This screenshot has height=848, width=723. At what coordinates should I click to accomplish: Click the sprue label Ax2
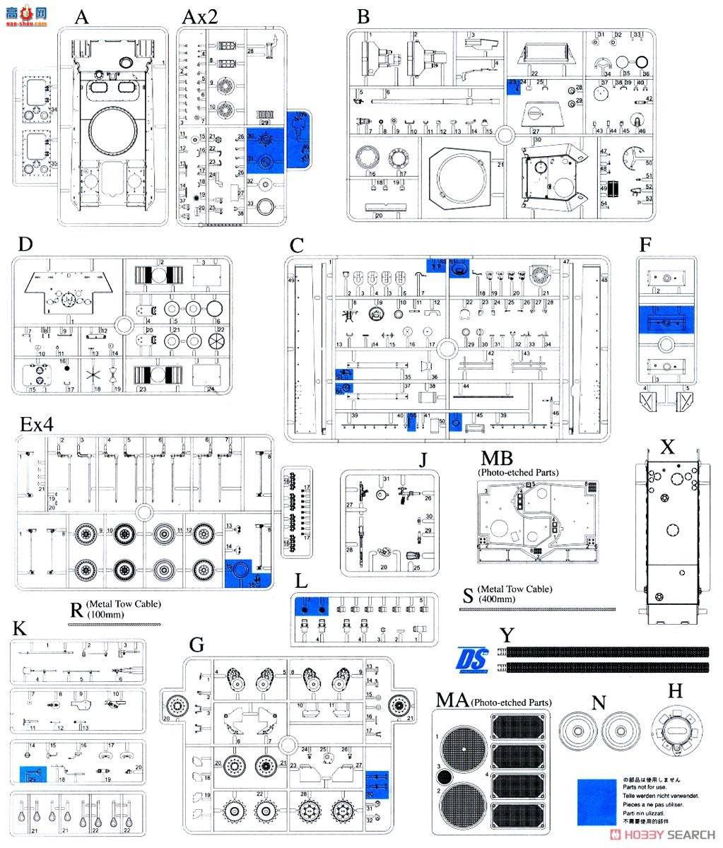(x=199, y=17)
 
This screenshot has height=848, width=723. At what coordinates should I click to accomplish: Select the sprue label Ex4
(x=37, y=424)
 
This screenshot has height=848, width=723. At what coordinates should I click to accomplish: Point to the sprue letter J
(x=423, y=460)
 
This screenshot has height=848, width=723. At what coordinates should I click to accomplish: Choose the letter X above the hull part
(x=667, y=447)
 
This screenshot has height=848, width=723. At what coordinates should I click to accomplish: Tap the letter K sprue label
(x=20, y=628)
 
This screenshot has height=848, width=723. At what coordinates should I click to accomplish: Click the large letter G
(x=196, y=644)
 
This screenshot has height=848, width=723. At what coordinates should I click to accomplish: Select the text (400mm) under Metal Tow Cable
(x=495, y=599)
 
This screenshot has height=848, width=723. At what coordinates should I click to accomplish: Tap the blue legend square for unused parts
(x=596, y=801)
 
